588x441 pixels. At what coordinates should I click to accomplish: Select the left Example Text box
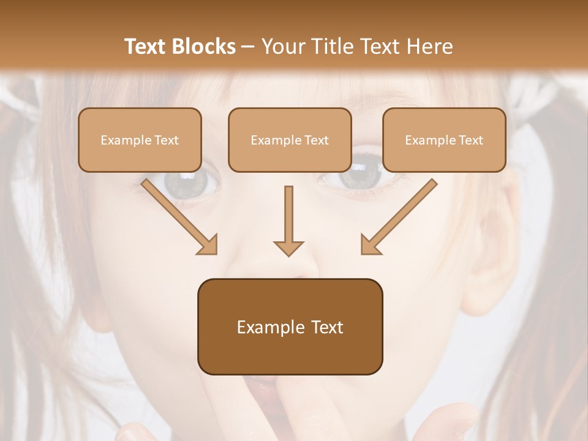click(x=140, y=140)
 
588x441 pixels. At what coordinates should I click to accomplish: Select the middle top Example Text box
click(x=290, y=140)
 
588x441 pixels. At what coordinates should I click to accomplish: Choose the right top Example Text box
click(x=444, y=140)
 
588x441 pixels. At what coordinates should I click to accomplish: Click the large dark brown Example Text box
click(x=290, y=326)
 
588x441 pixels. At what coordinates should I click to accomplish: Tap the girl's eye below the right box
click(x=361, y=178)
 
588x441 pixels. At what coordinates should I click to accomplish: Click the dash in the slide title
click(x=248, y=47)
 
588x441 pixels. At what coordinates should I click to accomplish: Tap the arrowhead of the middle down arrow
click(x=288, y=248)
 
